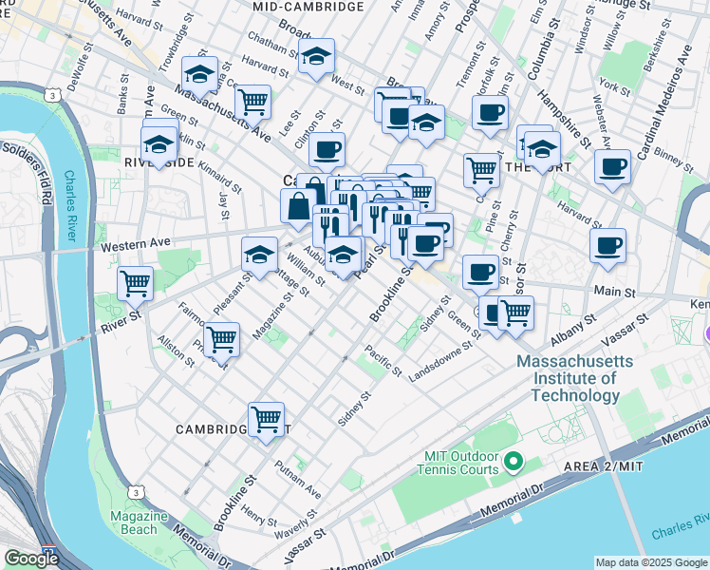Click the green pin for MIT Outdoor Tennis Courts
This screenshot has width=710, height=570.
tap(514, 463)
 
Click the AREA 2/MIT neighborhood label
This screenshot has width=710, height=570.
tap(658, 464)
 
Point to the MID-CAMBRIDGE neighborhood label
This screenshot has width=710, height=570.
tap(308, 7)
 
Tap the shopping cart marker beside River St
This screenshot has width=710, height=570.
tap(135, 282)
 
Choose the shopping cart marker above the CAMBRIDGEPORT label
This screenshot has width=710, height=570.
tap(266, 418)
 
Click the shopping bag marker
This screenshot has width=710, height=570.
tap(298, 205)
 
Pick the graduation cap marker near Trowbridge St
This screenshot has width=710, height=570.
tap(199, 73)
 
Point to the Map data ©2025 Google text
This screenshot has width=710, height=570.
tap(650, 562)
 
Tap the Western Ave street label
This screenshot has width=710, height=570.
tap(132, 247)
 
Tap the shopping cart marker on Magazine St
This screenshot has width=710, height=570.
tap(221, 339)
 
